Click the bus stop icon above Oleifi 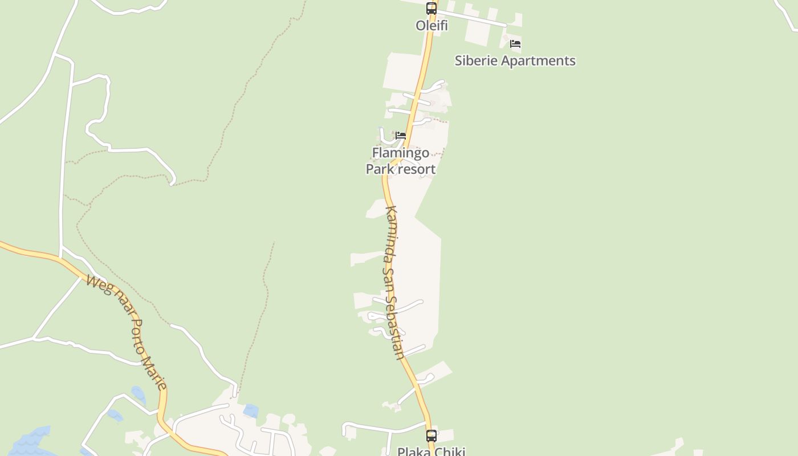pyautogui.click(x=431, y=9)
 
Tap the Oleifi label pyautogui.click(x=431, y=26)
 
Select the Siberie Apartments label pyautogui.click(x=515, y=60)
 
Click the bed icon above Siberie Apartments pyautogui.click(x=515, y=44)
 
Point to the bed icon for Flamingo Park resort pyautogui.click(x=401, y=136)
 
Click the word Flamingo pyautogui.click(x=400, y=153)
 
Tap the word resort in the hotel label pyautogui.click(x=417, y=169)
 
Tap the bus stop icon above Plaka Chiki pyautogui.click(x=431, y=436)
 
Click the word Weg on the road pyautogui.click(x=98, y=283)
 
